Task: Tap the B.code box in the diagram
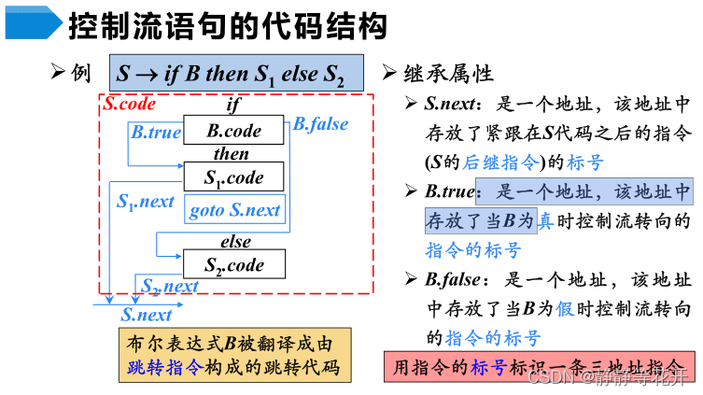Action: click(x=233, y=131)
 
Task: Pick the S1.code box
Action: click(x=233, y=177)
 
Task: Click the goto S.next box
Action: click(x=235, y=210)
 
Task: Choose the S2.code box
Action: click(x=233, y=265)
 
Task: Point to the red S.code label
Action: click(x=129, y=105)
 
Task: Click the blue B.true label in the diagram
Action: click(x=156, y=133)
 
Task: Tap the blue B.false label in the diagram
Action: click(x=320, y=124)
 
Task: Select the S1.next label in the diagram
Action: click(x=146, y=201)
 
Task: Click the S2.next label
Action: click(x=170, y=287)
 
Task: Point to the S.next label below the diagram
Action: click(x=147, y=315)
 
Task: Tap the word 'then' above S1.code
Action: click(x=232, y=154)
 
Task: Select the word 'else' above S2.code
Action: click(x=235, y=242)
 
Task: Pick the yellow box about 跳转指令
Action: click(x=234, y=354)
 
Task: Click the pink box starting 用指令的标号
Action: click(x=540, y=367)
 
